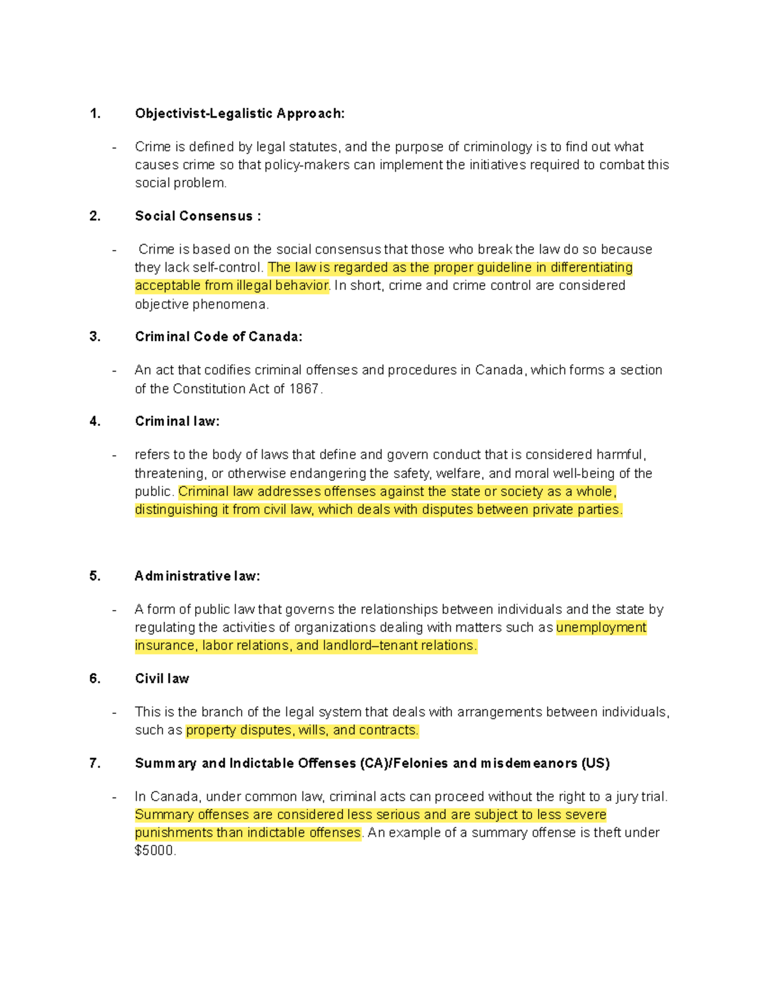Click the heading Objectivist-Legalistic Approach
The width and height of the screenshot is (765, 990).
click(240, 114)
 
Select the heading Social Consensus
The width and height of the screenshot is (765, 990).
click(198, 216)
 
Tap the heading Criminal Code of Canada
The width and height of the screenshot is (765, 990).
click(219, 337)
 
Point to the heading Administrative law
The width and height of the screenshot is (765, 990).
click(197, 576)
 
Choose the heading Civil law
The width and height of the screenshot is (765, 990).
click(162, 679)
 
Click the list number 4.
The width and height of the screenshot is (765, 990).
click(95, 421)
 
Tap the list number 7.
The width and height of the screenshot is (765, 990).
click(95, 764)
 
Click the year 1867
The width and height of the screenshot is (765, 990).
click(305, 389)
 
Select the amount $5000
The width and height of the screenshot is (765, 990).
click(154, 851)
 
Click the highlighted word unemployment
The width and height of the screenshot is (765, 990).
click(601, 628)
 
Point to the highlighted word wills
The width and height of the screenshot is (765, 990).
click(312, 731)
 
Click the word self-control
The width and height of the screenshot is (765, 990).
click(231, 268)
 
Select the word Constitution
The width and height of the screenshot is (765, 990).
click(208, 389)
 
